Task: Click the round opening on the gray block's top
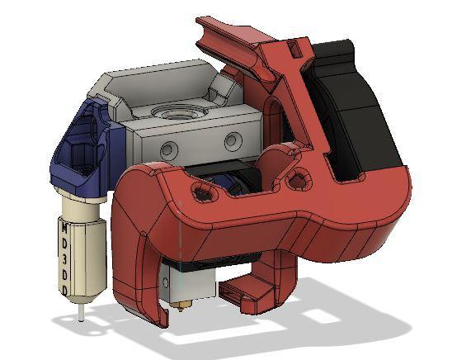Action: [x=177, y=110]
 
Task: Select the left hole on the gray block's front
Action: [x=168, y=149]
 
